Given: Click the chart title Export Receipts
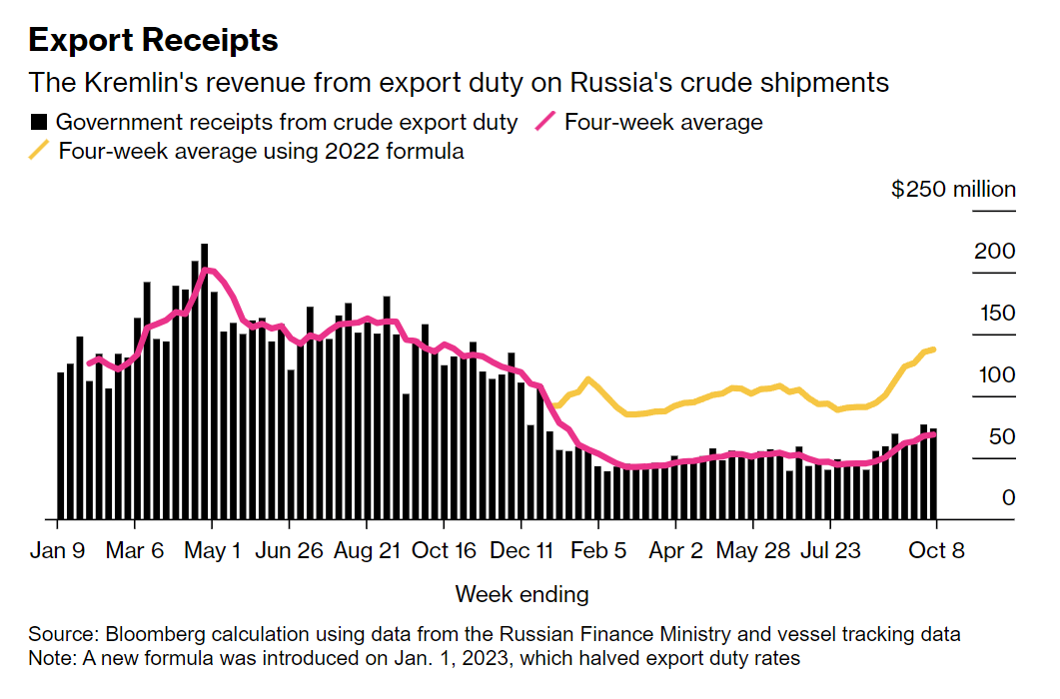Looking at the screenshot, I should pos(153,40).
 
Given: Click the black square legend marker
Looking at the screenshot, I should pos(39,123).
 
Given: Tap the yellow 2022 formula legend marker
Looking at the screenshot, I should pos(39,152).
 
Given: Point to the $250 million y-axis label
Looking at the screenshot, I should pos(953,189).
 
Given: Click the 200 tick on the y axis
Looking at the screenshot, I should pos(994,251).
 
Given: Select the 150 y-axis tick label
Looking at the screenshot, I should pos(994,313).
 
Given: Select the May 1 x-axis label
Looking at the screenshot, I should pos(212,551).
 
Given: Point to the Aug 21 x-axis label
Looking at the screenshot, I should pos(367,551).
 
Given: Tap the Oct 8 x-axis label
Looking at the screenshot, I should pos(936,551).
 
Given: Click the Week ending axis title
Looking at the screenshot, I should pos(522,594).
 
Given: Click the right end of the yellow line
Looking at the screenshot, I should pos(933,349).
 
